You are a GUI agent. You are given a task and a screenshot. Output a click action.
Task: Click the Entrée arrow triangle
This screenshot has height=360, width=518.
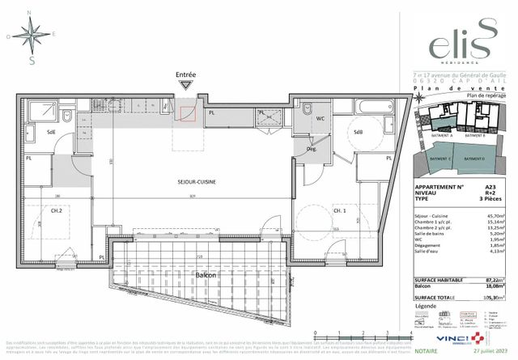(x=186, y=84)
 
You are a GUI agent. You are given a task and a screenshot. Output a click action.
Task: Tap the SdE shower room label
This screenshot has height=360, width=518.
(x=50, y=132)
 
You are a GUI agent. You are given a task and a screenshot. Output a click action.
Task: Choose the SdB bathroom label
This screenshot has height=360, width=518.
(x=359, y=131)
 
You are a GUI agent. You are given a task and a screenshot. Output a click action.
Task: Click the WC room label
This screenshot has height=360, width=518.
(x=320, y=119)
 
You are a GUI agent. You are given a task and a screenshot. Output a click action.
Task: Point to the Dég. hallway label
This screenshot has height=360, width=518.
(x=311, y=150)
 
